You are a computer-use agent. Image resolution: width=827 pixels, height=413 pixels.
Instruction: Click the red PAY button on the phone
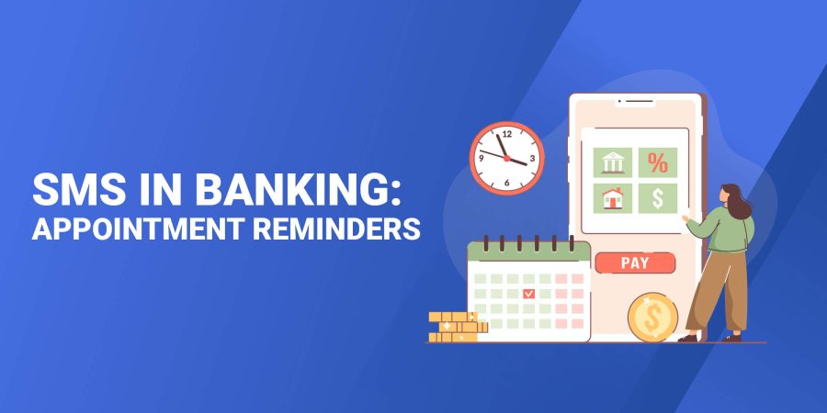coord(635,263)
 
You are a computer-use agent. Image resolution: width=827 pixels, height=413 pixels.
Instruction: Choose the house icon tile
coord(612,197)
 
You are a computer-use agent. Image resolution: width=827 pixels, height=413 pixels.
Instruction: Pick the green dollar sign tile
coord(658,197)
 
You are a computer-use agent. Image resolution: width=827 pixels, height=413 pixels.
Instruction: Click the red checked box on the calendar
coord(528,294)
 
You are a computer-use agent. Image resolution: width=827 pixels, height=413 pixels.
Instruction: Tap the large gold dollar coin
coord(652,318)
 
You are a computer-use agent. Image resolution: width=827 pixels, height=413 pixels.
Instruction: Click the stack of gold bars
coord(457,326)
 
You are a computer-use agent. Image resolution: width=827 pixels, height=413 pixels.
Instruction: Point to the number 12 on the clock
coord(506,134)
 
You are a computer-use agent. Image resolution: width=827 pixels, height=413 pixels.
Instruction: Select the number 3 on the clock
coord(532,158)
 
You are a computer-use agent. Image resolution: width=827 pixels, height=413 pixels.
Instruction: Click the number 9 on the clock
coord(481,158)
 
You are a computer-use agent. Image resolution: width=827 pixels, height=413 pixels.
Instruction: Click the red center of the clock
coord(506,158)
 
